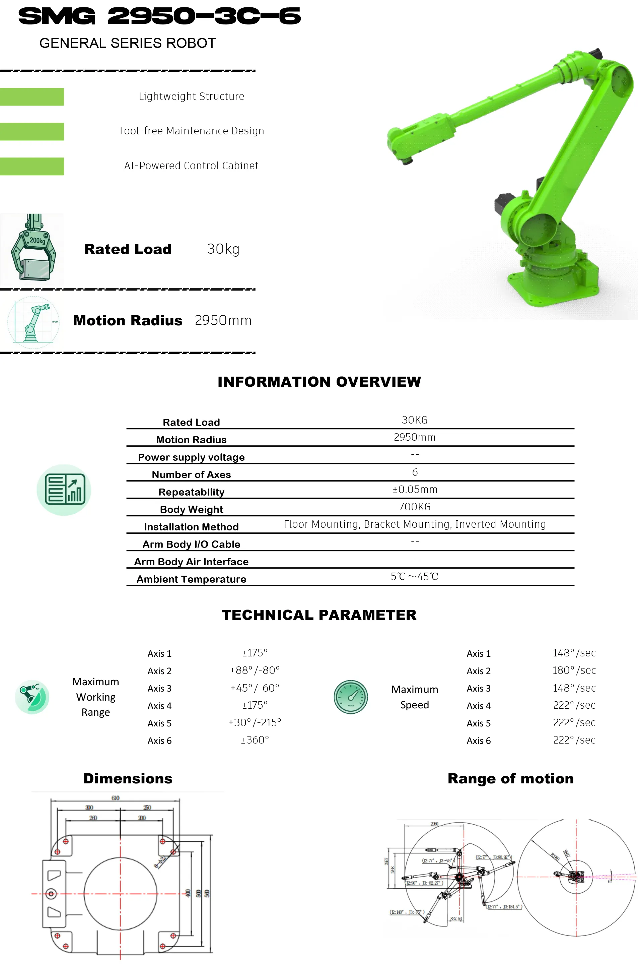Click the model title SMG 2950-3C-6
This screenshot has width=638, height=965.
(x=159, y=16)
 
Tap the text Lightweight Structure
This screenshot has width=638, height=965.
(x=191, y=96)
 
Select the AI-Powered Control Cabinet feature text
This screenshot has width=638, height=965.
(x=191, y=166)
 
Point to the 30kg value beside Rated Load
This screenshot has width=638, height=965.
(x=223, y=249)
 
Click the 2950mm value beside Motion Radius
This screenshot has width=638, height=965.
(x=223, y=320)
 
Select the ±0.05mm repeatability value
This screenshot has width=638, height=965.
(x=415, y=489)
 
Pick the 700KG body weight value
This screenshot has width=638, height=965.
(x=415, y=507)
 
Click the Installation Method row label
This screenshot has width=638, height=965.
(x=191, y=527)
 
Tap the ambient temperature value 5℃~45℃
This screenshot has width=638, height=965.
(x=414, y=576)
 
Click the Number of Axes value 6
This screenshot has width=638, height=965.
(x=415, y=472)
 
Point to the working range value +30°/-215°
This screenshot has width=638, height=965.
(x=255, y=722)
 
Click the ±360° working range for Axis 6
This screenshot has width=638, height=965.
(x=255, y=740)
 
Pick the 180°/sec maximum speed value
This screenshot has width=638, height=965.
(x=574, y=670)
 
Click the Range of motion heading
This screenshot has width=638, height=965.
(x=510, y=779)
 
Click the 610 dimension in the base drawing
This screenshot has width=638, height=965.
(x=116, y=798)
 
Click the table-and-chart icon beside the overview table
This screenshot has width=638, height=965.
(x=64, y=490)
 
